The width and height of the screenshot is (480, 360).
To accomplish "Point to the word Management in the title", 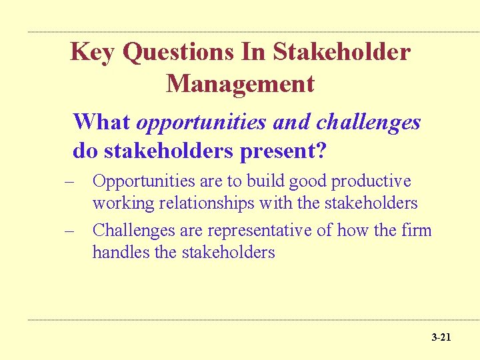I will pos(240,84).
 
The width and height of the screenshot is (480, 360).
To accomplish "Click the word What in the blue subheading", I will pos(101,122).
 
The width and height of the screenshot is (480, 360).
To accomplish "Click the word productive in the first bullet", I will pos(371,181).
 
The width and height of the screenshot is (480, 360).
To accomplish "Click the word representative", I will pos(259,231).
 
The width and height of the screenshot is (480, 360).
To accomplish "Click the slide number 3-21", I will pos(441,338).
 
